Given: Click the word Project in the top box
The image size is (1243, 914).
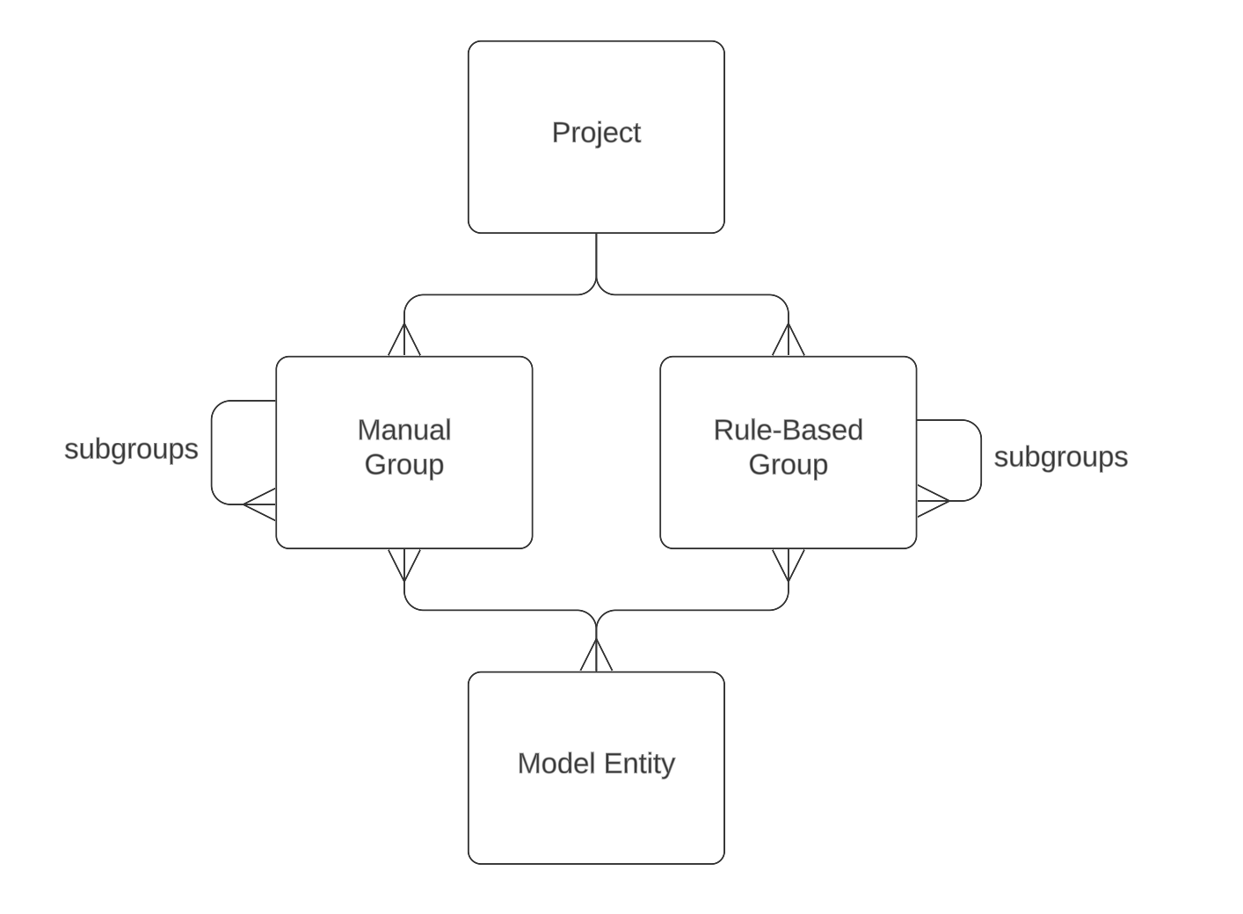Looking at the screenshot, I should coord(596,133).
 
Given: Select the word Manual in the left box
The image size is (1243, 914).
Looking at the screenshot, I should coord(403,430).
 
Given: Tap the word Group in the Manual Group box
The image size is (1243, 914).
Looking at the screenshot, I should coord(403,464).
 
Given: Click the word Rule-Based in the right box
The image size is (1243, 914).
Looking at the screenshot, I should coord(788,430).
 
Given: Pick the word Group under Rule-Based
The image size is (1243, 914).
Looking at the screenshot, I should coord(788,464).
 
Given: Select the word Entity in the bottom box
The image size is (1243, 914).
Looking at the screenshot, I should coord(638,763).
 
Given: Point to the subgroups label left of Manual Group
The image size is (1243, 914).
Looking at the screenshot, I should coord(131,449).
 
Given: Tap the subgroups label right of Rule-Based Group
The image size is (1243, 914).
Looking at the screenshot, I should coord(1060,457).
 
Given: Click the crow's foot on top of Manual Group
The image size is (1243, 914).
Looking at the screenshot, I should coord(404,341).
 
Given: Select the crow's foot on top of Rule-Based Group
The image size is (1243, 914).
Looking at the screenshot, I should coord(789,341).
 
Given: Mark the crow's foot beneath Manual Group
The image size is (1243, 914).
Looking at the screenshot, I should coord(404,564).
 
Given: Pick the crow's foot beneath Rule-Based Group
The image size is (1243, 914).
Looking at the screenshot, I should coord(789,564).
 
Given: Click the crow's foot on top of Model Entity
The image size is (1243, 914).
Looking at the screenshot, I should coord(596,656).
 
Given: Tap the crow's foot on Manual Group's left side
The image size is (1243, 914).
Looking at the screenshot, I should coord(260,504).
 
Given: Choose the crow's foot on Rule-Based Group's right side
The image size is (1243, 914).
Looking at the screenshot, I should coord(933,501).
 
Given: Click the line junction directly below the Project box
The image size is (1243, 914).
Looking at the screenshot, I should coord(596,283).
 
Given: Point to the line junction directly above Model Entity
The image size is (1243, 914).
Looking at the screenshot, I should coord(596,621).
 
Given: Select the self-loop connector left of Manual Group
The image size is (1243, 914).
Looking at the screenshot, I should coord(212,452).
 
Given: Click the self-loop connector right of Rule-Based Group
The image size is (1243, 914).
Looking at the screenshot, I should coord(980,461).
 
